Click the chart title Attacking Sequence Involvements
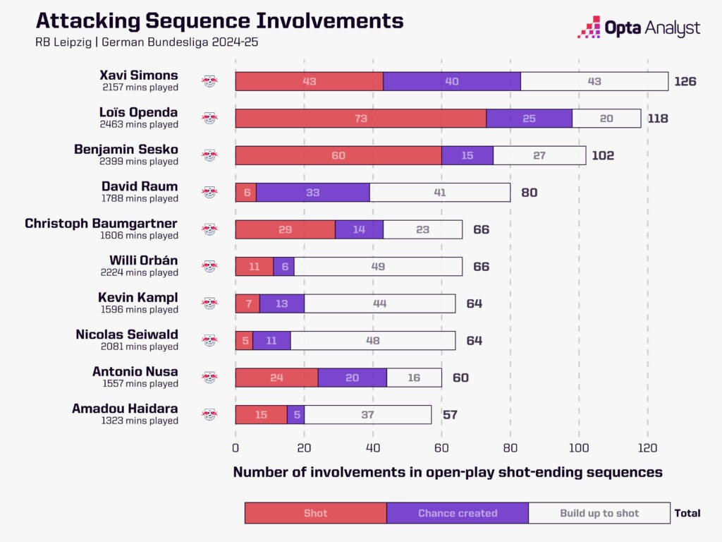(219, 20)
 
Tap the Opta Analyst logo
(638, 28)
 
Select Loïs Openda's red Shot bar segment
(360, 119)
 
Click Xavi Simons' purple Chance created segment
(451, 81)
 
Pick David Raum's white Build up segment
(439, 193)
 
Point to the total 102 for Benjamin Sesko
(603, 155)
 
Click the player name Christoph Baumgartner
(102, 224)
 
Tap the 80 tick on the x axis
(510, 447)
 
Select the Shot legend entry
(315, 513)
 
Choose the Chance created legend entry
(458, 513)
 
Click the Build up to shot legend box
(599, 513)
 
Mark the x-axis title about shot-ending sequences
(448, 472)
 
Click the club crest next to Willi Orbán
(209, 266)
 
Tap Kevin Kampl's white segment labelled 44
(379, 303)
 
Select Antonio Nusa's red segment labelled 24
(276, 378)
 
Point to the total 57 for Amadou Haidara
(450, 414)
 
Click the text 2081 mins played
(138, 347)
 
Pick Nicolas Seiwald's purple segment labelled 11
(271, 341)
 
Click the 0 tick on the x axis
(235, 447)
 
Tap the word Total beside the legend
(687, 513)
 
